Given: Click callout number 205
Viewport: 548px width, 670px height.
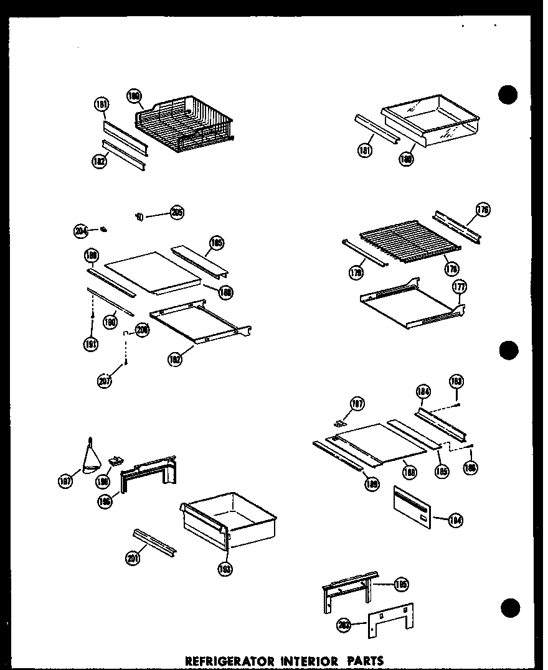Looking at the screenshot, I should pyautogui.click(x=176, y=213).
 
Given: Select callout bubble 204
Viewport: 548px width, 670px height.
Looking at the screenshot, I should pyautogui.click(x=81, y=232).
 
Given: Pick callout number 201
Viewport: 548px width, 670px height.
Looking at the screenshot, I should pyautogui.click(x=131, y=558).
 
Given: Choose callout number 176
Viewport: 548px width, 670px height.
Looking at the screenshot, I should pyautogui.click(x=482, y=210).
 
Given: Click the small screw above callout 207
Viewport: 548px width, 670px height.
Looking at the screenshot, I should pyautogui.click(x=126, y=361).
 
